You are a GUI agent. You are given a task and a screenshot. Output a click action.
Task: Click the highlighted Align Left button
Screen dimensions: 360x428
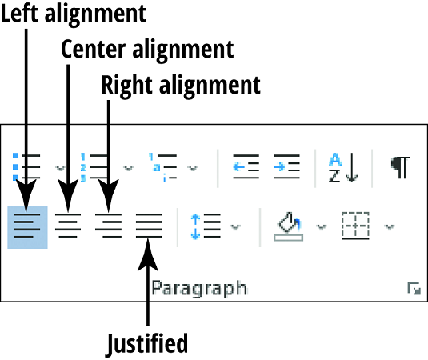27,227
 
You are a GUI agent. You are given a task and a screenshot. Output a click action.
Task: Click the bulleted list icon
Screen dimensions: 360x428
26,167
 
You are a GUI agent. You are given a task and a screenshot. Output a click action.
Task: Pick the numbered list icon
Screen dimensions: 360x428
93,167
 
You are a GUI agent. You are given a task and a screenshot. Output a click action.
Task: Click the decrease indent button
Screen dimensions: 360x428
246,167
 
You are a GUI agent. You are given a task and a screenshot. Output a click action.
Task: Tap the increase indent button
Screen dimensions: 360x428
286,167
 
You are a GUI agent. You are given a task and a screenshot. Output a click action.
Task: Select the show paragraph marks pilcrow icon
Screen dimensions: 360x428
400,167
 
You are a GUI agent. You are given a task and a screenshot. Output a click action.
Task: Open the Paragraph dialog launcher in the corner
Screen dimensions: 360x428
413,290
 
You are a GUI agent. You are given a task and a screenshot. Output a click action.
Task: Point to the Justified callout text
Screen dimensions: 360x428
147,344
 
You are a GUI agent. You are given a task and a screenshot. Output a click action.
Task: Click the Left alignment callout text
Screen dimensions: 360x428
74,14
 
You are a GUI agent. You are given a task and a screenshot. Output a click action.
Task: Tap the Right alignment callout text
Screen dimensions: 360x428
181,85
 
